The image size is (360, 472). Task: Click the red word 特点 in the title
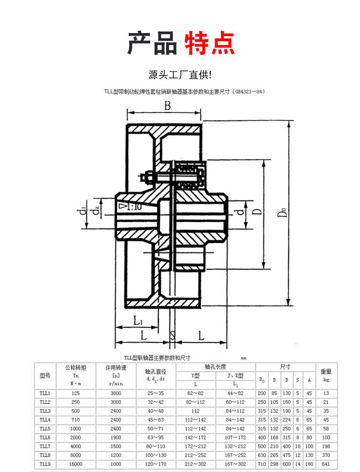pyautogui.click(x=210, y=43)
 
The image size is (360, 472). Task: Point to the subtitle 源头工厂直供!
pyautogui.click(x=180, y=75)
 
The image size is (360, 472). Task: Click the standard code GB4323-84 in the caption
pyautogui.click(x=248, y=91)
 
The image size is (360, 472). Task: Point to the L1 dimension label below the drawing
pyautogui.click(x=137, y=319)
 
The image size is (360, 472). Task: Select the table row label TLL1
pyautogui.click(x=45, y=393)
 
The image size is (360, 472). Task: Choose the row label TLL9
pyautogui.click(x=45, y=464)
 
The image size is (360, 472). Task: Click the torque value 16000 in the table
pyautogui.click(x=75, y=464)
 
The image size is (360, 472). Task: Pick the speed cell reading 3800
pyautogui.click(x=116, y=393)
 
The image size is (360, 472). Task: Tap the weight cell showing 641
pyautogui.click(x=326, y=464)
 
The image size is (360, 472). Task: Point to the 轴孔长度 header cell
pyautogui.click(x=216, y=366)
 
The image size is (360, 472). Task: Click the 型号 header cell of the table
pyautogui.click(x=45, y=375)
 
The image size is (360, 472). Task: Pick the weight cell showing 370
pyautogui.click(x=326, y=455)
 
